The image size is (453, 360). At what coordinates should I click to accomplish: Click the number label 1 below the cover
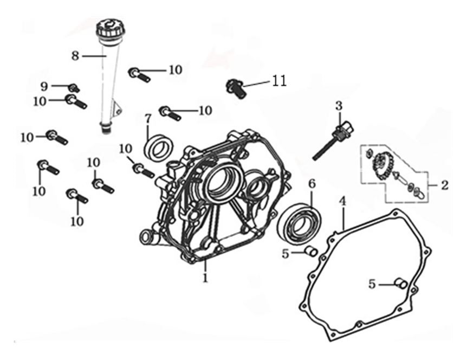[x=205, y=278]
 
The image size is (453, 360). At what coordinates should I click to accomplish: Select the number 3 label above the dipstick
[x=339, y=105]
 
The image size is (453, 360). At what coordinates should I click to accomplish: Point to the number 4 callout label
[x=342, y=201]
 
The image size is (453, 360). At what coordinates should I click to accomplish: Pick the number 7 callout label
[x=147, y=118]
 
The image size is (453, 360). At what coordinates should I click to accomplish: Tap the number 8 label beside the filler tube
[x=75, y=55]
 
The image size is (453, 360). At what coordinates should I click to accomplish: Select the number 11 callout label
[x=279, y=81]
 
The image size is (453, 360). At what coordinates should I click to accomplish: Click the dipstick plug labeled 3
[x=344, y=130]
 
